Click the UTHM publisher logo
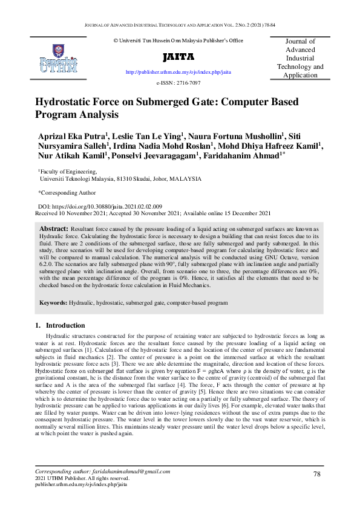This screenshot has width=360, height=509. coord(58,59)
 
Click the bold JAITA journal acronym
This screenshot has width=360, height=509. coord(178,57)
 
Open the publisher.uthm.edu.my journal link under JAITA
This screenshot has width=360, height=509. coord(178,72)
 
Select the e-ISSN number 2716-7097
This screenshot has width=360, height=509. coord(187,83)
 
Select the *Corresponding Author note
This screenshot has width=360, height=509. coord(67,193)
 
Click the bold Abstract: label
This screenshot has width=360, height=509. coord(54,230)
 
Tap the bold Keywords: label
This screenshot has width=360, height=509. coord(53,301)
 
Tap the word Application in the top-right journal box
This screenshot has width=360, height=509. coord(300,75)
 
